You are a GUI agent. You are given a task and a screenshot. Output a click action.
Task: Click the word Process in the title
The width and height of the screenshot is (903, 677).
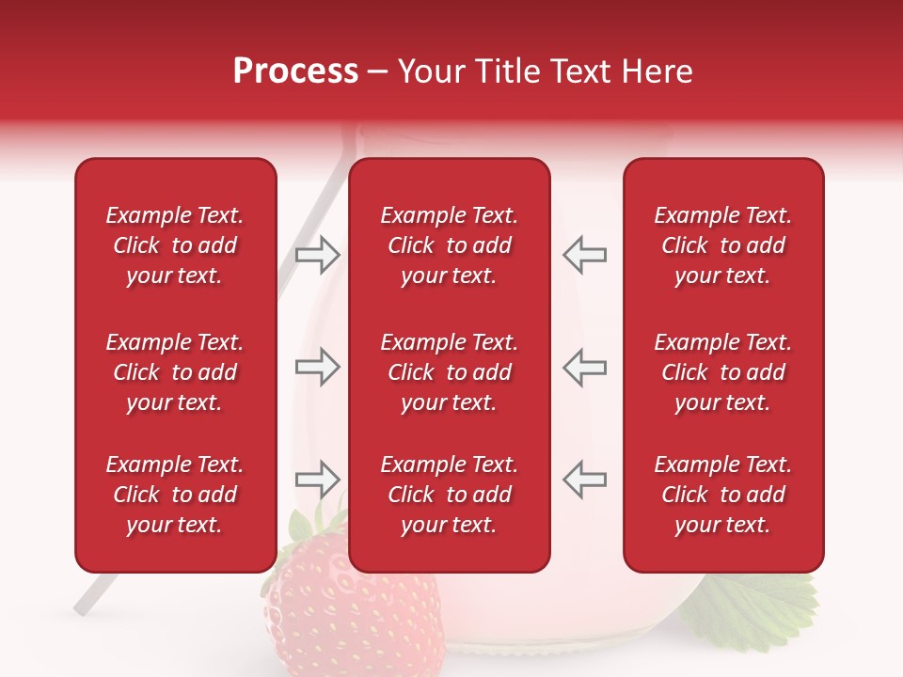(295, 71)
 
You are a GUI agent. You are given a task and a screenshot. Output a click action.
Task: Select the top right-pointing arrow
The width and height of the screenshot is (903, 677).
(317, 254)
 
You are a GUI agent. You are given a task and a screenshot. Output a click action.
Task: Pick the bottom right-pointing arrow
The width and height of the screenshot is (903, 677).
(317, 480)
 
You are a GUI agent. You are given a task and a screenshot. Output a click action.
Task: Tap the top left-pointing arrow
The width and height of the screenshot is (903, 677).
(584, 254)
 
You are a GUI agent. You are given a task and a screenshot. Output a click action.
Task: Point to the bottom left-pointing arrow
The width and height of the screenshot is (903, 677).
(584, 480)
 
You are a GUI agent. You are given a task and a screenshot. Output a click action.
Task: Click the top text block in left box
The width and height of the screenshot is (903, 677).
(175, 245)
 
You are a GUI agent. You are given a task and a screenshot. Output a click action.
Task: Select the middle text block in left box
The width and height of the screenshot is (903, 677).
(175, 372)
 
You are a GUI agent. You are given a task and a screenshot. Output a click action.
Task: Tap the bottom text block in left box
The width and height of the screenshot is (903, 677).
(175, 495)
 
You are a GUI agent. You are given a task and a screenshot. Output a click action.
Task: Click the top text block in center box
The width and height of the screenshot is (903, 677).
(449, 245)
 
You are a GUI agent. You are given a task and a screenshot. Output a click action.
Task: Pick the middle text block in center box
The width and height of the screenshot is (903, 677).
(449, 372)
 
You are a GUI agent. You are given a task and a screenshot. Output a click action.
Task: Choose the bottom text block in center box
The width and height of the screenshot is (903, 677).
(449, 495)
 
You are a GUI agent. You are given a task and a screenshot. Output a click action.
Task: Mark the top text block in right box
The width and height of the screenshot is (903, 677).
(722, 245)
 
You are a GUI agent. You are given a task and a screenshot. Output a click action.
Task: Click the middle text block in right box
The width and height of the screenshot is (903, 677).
(722, 372)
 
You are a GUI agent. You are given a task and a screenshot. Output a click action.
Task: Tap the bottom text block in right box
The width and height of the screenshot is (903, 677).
(722, 495)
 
